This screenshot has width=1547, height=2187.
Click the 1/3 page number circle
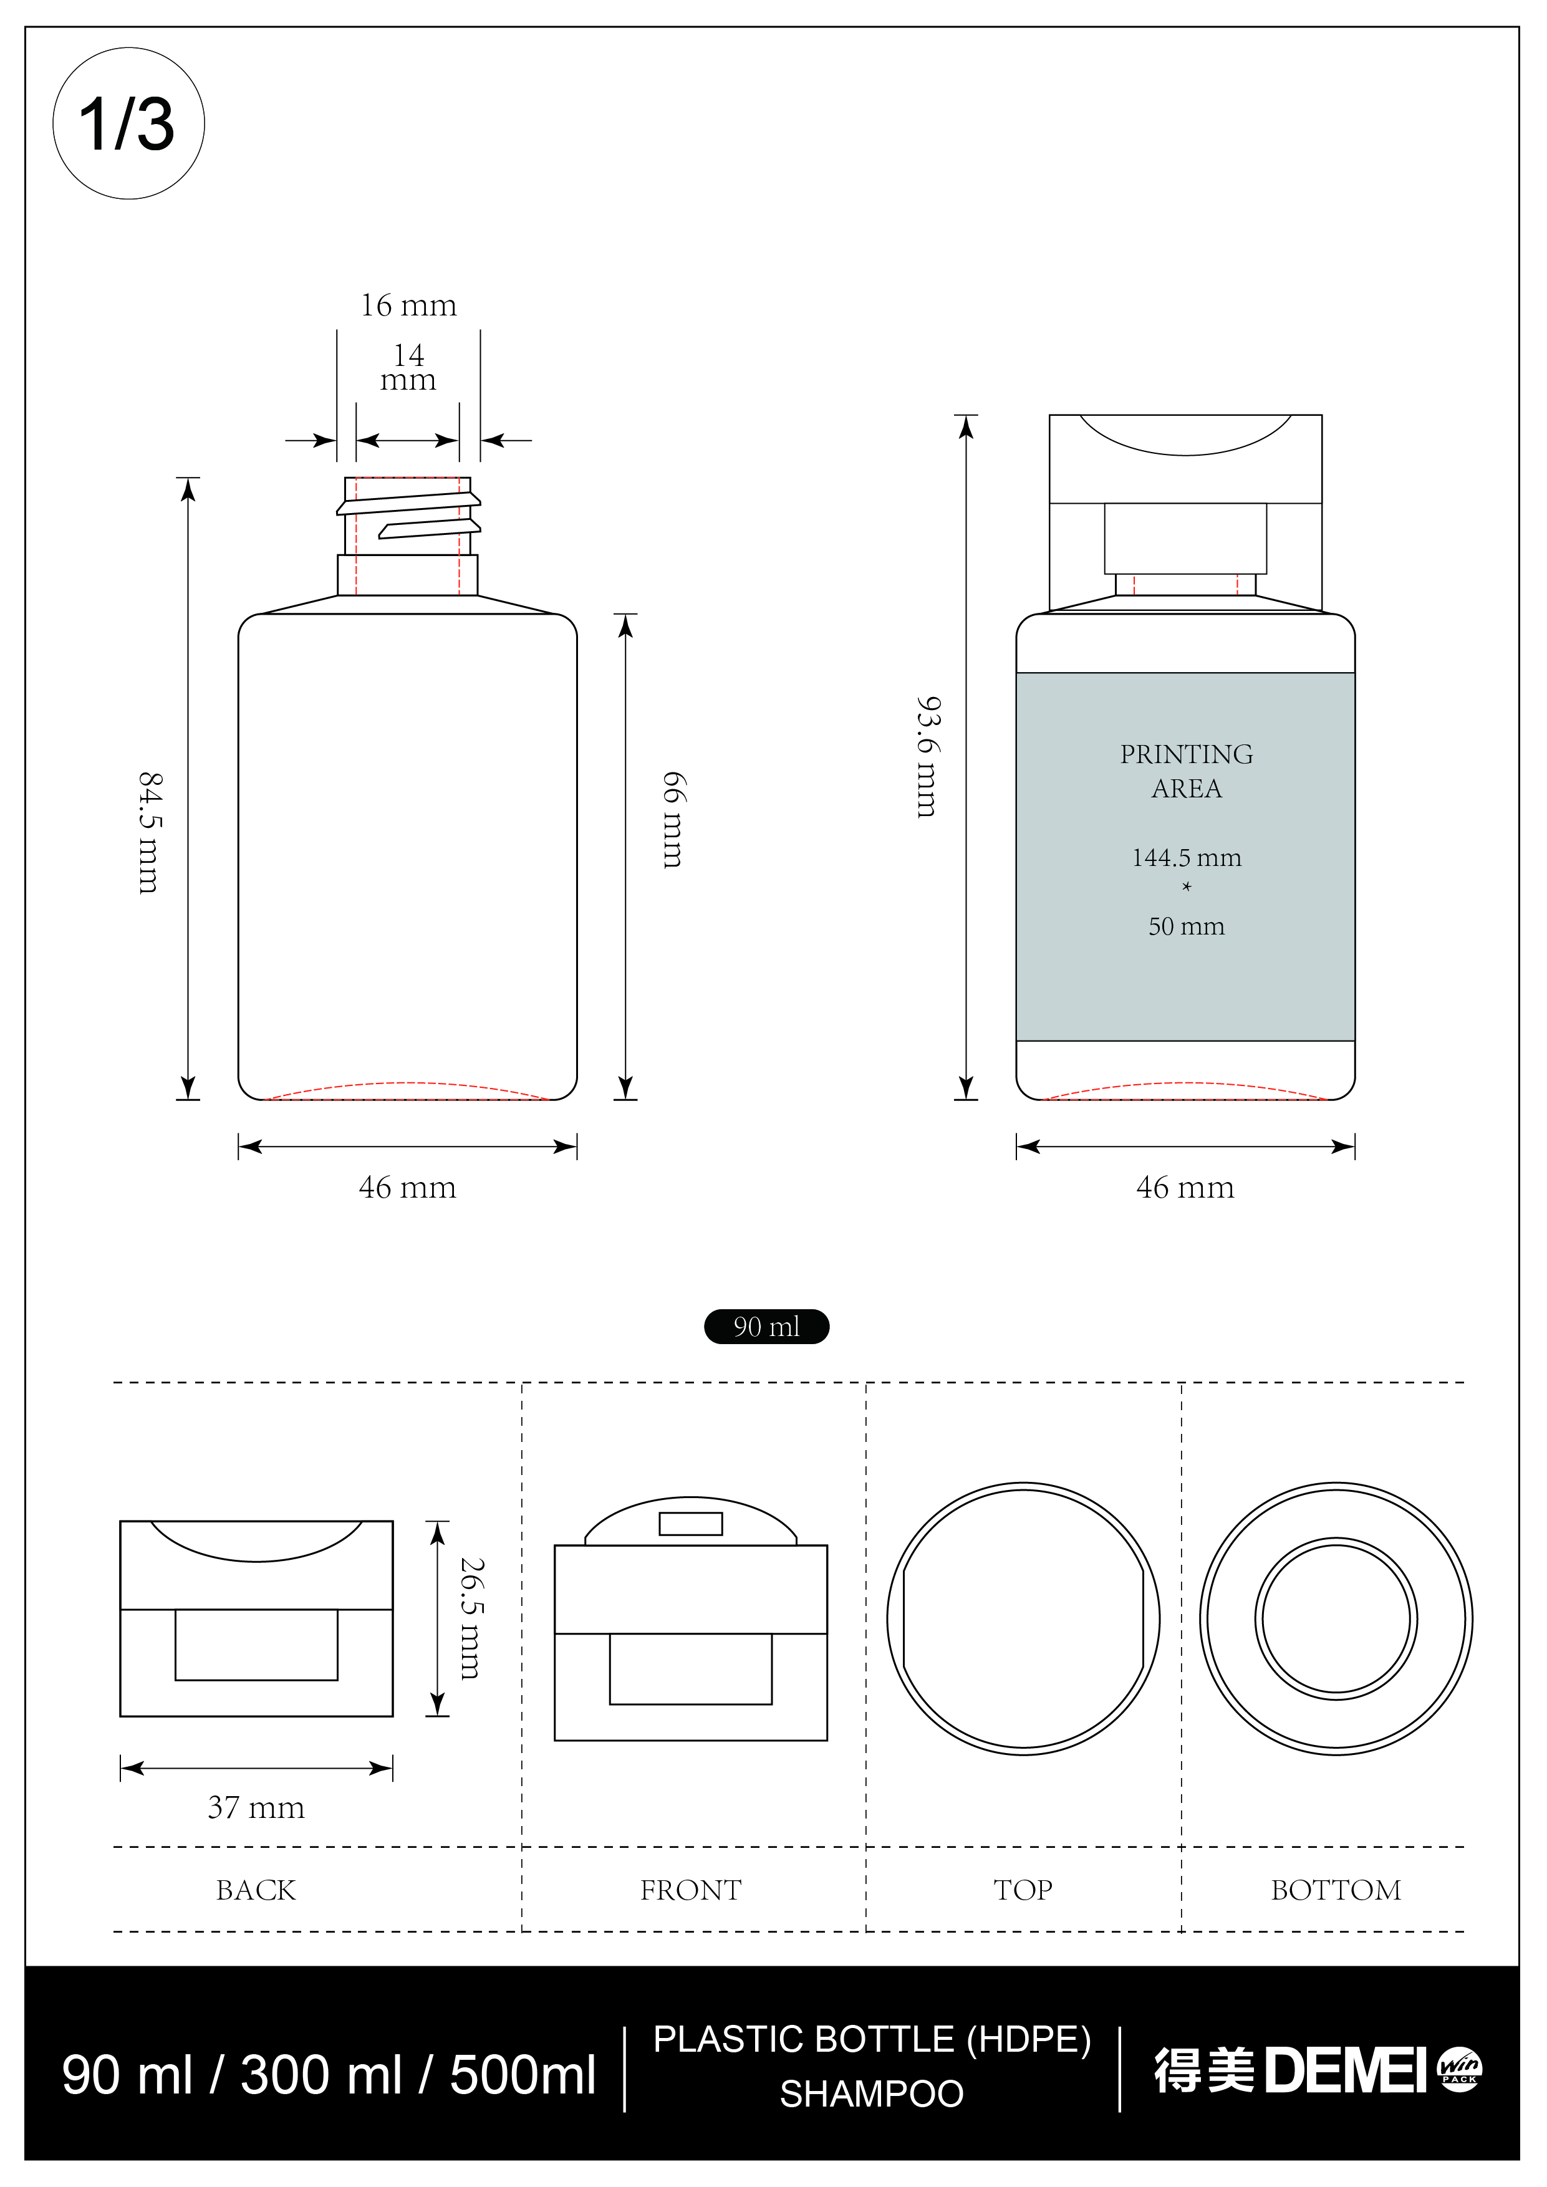point(128,124)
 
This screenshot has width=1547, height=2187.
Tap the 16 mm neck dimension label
point(408,305)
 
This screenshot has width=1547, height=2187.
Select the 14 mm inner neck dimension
point(408,368)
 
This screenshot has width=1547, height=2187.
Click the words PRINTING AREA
point(1186,771)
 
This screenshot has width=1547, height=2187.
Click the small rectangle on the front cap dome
point(691,1524)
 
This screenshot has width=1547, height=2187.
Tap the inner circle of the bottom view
point(1336,1618)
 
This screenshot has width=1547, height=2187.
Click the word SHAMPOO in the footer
point(872,2093)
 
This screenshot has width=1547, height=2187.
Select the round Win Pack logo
point(1458,2069)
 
